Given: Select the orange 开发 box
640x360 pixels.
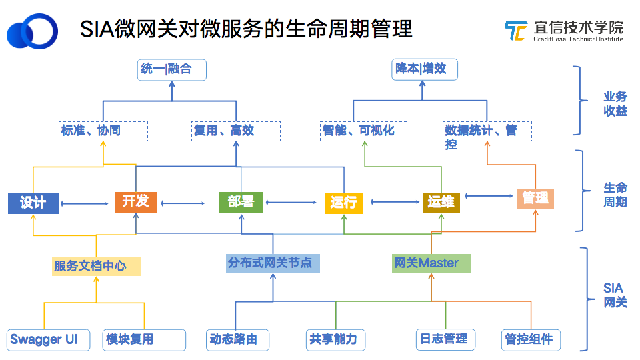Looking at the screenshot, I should [135, 202].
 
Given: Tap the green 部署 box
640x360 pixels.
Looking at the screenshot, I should [241, 203].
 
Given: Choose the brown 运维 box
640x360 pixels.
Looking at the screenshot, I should [441, 203].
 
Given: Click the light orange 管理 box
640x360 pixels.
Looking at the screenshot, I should [535, 199].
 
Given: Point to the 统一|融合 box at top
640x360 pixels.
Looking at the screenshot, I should [172, 69].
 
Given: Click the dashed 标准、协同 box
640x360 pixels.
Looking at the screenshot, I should [103, 131].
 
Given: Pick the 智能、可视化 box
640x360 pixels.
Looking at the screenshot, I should [365, 131].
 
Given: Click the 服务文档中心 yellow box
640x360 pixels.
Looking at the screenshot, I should [97, 266].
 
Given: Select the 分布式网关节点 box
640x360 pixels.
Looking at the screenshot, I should [273, 263].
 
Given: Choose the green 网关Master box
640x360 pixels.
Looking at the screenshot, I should [431, 263].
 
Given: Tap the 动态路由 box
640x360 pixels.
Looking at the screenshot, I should [238, 339].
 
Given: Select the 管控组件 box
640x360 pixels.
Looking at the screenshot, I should [531, 339].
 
